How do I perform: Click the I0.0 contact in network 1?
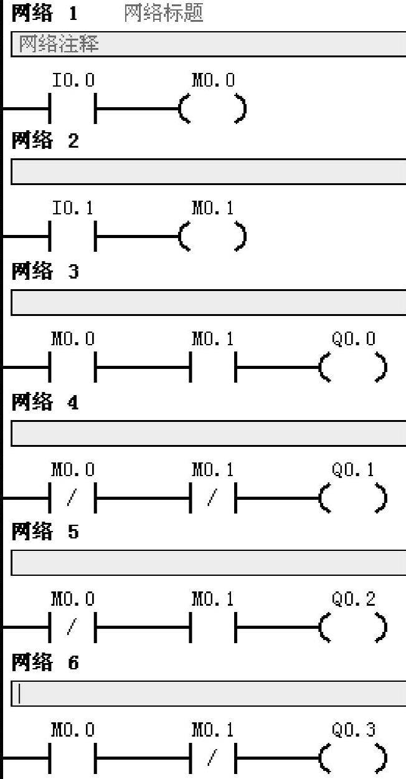coord(72,110)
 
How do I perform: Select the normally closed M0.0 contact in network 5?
coord(72,628)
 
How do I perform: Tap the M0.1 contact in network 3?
coord(213,368)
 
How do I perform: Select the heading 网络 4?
coord(45,403)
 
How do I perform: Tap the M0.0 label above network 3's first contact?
coord(73,339)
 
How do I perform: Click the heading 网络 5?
coord(45,533)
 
